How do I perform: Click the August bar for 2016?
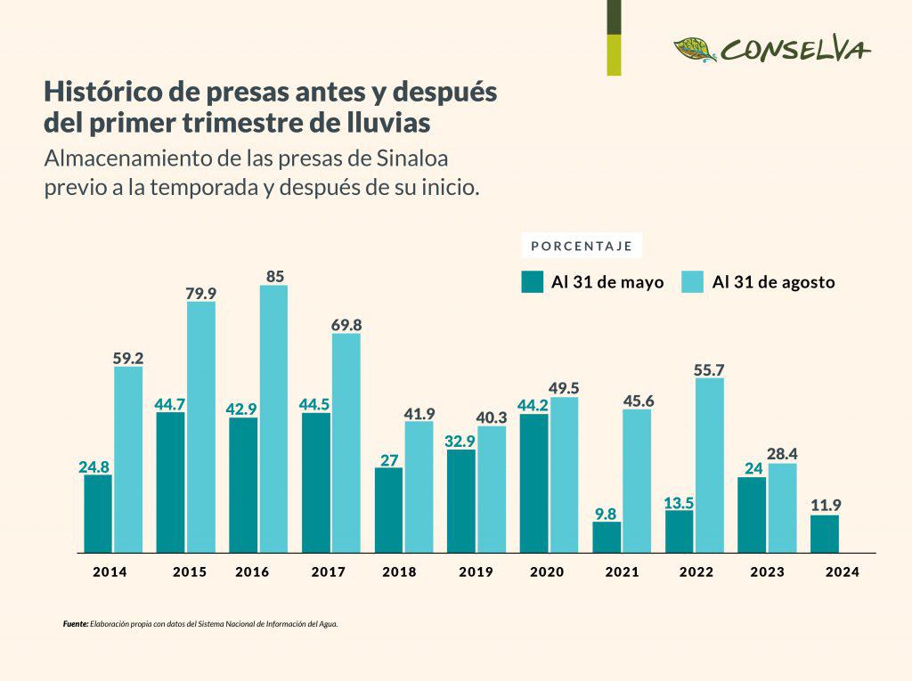pyautogui.click(x=273, y=418)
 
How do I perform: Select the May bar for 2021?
pyautogui.click(x=607, y=537)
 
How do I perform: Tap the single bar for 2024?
pyautogui.click(x=824, y=533)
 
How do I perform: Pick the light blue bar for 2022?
pyautogui.click(x=709, y=465)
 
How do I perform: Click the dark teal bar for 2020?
pyautogui.click(x=533, y=482)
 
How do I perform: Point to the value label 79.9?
pyautogui.click(x=201, y=293)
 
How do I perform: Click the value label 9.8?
pyautogui.click(x=607, y=513)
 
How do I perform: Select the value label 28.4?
pyautogui.click(x=782, y=454)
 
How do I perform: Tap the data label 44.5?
pyautogui.click(x=314, y=404)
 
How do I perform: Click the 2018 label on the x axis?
pyautogui.click(x=399, y=572)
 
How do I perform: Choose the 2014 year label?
pyautogui.click(x=110, y=572)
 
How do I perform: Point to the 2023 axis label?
pyautogui.click(x=767, y=572)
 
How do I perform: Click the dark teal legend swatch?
pyautogui.click(x=533, y=282)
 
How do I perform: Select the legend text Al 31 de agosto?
pyautogui.click(x=773, y=282)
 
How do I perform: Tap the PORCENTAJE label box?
pyautogui.click(x=582, y=246)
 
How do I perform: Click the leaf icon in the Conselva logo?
pyautogui.click(x=695, y=49)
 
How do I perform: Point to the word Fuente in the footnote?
pyautogui.click(x=76, y=624)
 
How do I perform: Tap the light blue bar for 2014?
pyautogui.click(x=128, y=459)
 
